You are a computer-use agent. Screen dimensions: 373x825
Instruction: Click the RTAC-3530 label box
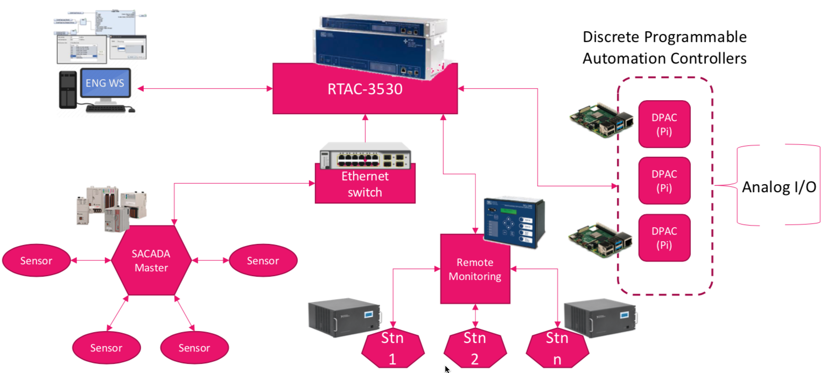point(365,88)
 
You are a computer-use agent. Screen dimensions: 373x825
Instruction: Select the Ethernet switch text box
point(365,185)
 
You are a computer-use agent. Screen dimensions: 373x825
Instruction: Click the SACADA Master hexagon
point(151,261)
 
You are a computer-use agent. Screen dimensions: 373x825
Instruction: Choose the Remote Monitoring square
point(474,269)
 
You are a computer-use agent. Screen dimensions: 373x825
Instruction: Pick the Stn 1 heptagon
point(392,349)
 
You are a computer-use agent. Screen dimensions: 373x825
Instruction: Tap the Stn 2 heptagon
point(474,349)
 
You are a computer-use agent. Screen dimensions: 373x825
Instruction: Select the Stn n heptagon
point(557,349)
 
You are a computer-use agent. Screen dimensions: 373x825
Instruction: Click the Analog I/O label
point(779,187)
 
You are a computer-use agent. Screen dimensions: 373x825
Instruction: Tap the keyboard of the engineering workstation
point(106,108)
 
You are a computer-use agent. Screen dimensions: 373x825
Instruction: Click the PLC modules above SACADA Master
point(111,207)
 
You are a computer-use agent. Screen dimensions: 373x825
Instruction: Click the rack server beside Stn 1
point(343,322)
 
